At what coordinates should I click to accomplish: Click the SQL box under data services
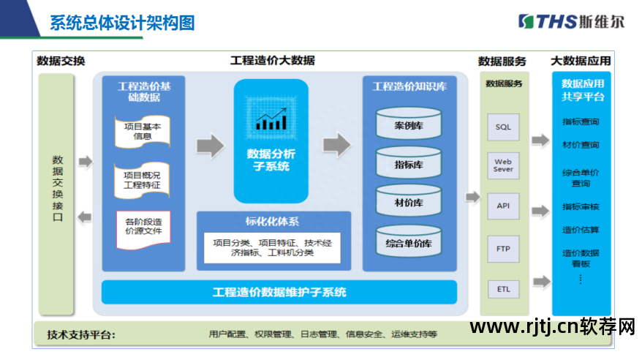503,127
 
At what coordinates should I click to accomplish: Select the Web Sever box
503,165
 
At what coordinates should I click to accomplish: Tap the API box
503,206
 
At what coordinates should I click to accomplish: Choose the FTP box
503,249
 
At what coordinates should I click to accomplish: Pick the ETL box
503,289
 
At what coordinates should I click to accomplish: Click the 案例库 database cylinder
409,125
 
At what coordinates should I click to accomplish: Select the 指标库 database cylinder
409,164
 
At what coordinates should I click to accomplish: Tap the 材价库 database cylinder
409,203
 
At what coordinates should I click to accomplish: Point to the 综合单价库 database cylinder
409,242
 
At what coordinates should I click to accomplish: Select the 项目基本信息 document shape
143,131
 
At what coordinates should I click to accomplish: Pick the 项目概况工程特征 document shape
143,180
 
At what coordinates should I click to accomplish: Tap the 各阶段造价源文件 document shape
143,228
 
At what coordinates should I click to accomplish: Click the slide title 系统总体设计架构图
122,23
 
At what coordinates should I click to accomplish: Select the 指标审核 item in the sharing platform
581,206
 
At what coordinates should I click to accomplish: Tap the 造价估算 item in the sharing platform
581,230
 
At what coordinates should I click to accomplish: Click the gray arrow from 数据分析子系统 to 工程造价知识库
336,144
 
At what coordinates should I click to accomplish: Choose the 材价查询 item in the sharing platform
581,145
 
